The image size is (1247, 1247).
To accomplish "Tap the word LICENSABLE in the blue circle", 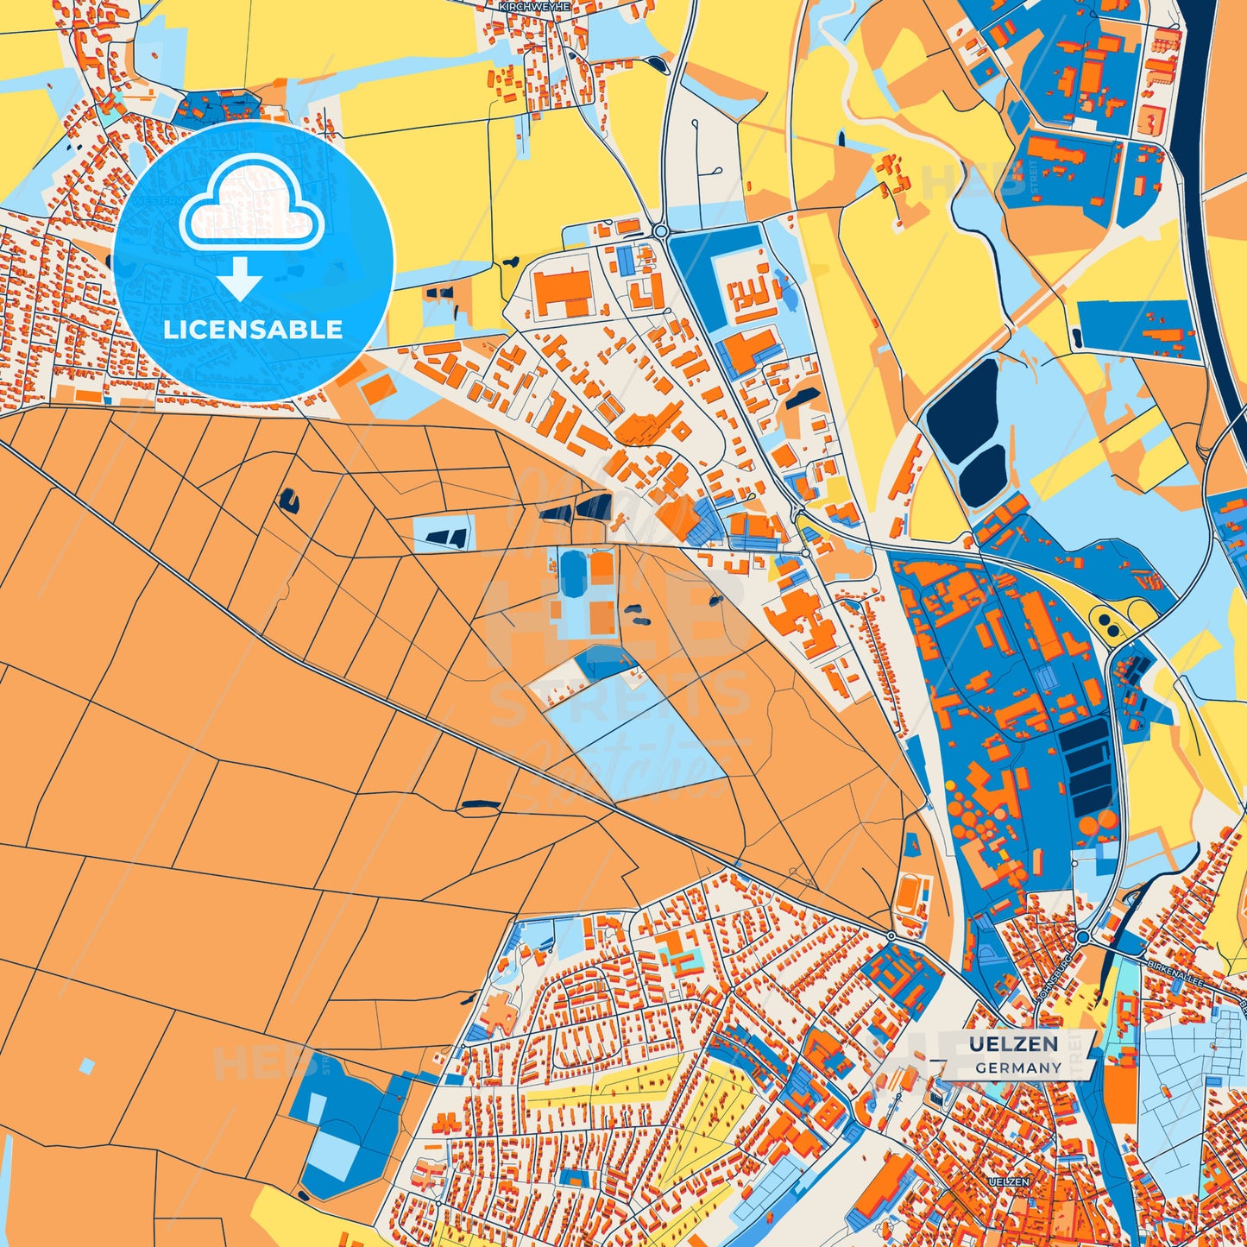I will tap(253, 330).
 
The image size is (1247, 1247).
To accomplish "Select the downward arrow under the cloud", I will tap(240, 279).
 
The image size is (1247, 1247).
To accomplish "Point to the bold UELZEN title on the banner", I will tap(1013, 1044).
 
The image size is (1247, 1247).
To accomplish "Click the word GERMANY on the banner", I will tap(1018, 1068).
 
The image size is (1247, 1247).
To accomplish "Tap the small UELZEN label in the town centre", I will tap(1009, 1181).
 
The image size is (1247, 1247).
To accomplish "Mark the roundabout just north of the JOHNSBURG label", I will tap(1082, 937).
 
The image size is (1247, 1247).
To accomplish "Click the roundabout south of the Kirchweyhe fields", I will tap(661, 231).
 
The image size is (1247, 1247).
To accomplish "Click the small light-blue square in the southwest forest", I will tap(86, 1066).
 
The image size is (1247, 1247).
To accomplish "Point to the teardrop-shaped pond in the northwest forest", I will tap(288, 501).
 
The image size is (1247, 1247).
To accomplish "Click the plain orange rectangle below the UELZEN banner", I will tap(1119, 1094).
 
